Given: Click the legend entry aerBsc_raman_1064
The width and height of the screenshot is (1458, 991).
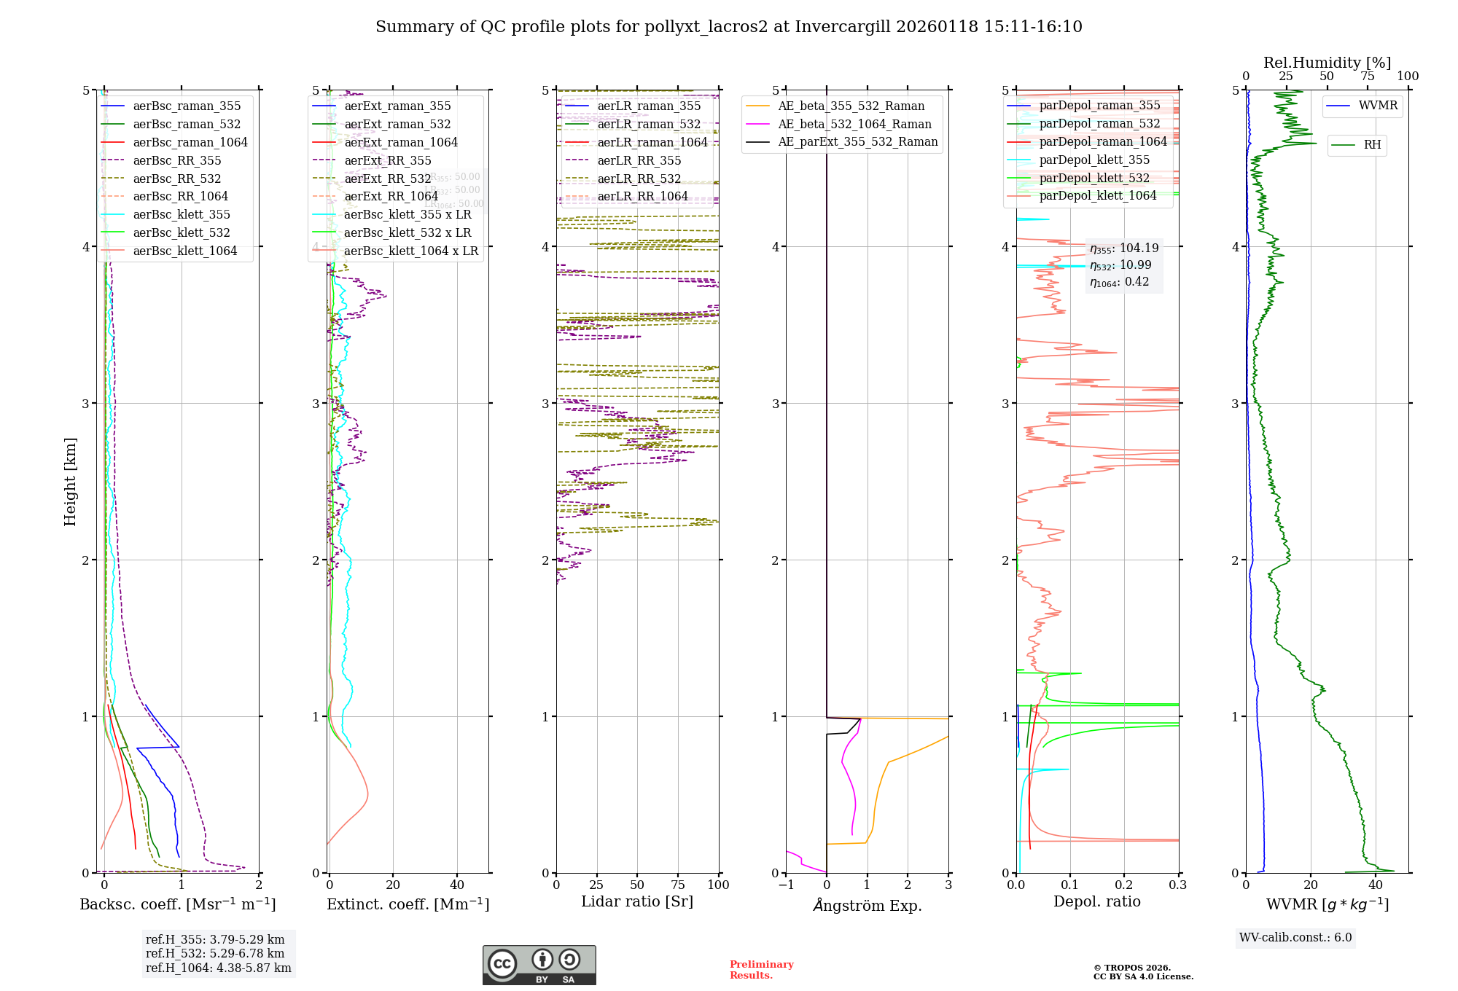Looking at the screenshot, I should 190,142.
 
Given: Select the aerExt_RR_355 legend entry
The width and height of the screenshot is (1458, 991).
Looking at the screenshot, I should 388,160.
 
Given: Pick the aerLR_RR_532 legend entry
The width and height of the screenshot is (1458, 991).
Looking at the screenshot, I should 639,179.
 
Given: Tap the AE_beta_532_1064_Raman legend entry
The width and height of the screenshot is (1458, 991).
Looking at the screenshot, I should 854,124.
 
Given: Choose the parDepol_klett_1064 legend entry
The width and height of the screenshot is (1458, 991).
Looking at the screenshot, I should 1098,195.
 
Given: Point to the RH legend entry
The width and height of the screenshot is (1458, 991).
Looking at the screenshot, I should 1372,145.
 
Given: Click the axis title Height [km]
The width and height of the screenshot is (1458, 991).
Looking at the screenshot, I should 70,482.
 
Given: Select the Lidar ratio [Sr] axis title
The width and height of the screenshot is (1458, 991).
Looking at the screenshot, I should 637,901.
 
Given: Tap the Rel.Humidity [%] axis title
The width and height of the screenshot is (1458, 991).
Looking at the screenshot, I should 1327,63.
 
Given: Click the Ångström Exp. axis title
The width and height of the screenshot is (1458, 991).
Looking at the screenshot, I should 868,905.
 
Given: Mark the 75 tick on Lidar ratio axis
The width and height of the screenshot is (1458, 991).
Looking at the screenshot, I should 678,885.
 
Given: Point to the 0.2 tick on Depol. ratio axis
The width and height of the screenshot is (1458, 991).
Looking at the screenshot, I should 1124,885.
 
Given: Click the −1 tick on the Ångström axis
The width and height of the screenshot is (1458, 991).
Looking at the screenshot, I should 786,885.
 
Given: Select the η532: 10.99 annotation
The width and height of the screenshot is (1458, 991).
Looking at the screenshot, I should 1120,265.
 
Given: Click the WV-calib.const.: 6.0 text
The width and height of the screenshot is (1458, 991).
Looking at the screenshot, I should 1295,938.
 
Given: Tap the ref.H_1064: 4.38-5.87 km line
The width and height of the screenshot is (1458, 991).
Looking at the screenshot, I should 218,968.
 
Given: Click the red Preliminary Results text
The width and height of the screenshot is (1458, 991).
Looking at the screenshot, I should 761,970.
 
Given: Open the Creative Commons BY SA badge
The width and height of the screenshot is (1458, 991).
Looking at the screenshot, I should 539,965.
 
